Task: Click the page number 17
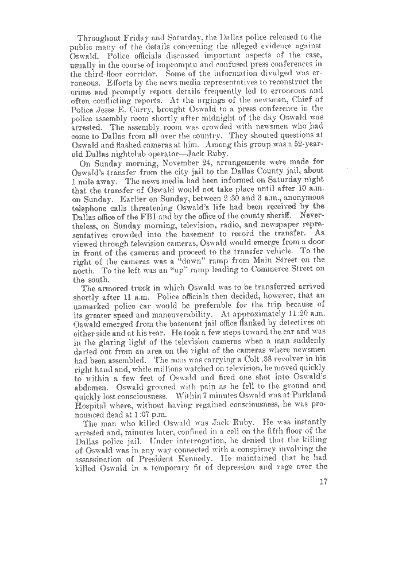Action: (x=322, y=482)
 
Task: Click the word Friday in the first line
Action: (x=134, y=37)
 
